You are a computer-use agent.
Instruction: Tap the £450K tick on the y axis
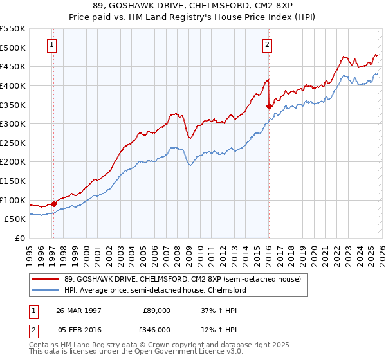pos(12,66)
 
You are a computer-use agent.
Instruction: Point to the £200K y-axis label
pos(12,161)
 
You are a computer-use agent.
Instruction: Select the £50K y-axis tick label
pos(15,219)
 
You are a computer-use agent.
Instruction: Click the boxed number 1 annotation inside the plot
pos(51,45)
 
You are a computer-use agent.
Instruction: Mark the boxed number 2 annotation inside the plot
pos(267,45)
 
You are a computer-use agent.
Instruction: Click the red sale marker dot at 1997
pos(53,204)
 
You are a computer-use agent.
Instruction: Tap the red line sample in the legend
pos(46,280)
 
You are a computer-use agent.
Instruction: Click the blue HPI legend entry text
pos(155,290)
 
